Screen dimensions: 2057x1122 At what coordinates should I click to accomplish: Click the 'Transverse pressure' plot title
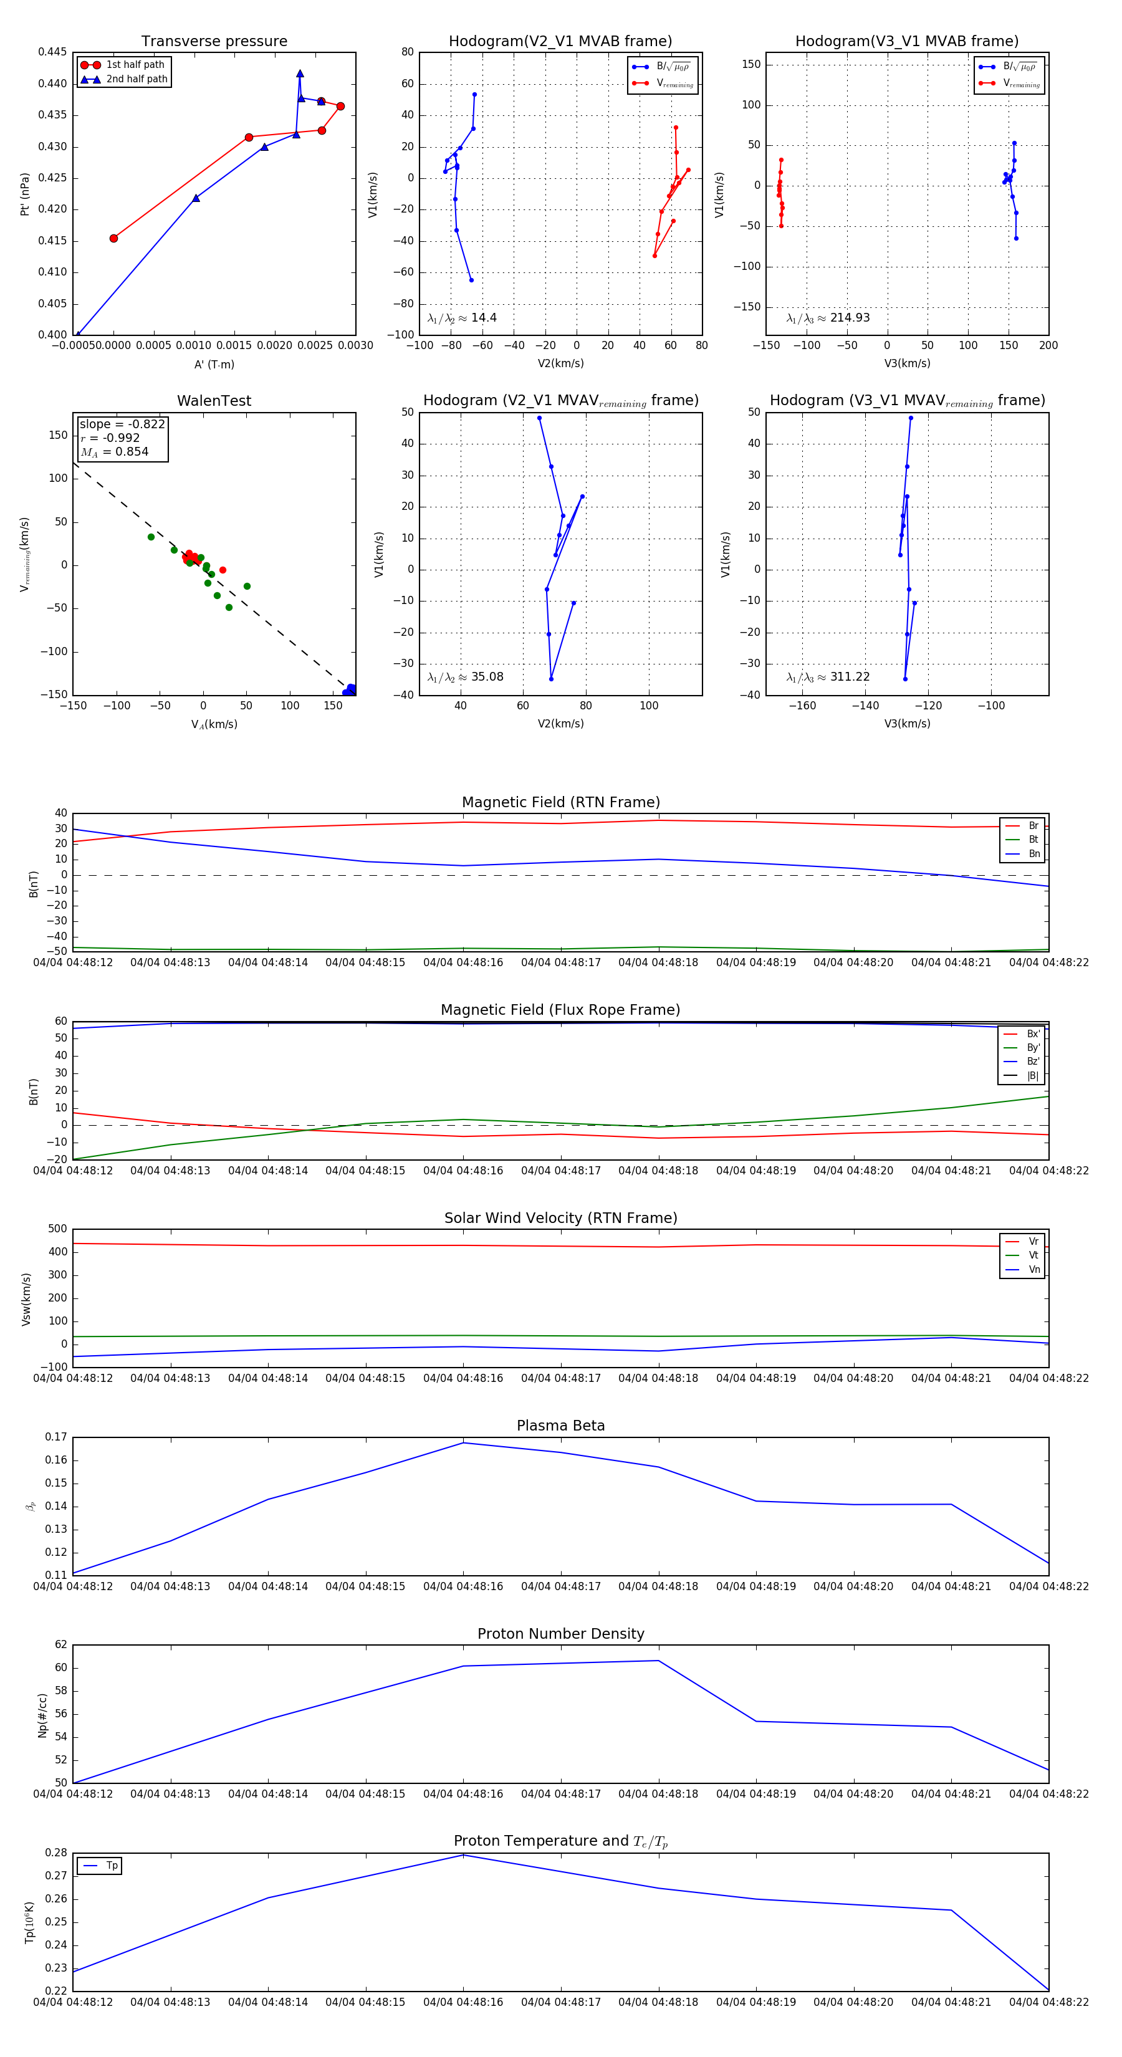(x=214, y=42)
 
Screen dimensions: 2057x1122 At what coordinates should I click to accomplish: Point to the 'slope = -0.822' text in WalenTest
(x=122, y=424)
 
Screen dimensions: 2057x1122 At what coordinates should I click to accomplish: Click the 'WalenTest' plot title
(x=214, y=401)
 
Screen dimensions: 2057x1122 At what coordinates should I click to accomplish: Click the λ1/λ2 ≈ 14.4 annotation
(x=461, y=318)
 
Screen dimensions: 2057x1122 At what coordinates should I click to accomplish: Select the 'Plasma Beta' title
(x=560, y=1426)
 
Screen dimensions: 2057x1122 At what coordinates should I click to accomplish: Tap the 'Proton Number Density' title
(x=560, y=1634)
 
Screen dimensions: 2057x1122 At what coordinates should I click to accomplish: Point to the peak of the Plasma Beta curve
(x=463, y=1443)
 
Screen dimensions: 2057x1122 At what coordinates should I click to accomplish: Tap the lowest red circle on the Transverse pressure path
(x=113, y=238)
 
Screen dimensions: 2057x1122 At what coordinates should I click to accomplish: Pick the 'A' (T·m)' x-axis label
(x=214, y=364)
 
